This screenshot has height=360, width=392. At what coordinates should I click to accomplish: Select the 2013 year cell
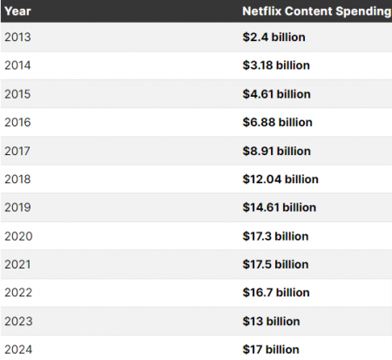click(17, 37)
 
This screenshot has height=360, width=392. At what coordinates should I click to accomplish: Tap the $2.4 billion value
click(273, 37)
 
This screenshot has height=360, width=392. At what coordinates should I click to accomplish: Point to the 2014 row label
click(17, 66)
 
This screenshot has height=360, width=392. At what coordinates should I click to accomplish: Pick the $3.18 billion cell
click(276, 66)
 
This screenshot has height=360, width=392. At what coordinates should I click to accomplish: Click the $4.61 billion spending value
click(276, 94)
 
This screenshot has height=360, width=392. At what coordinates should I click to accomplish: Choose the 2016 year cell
click(17, 123)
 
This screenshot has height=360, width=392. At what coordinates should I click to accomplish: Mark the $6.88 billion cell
click(276, 123)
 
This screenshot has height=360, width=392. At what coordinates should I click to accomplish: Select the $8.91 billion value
click(276, 151)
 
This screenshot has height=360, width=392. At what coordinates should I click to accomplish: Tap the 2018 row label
click(17, 180)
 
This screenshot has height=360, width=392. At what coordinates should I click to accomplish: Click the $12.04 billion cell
click(280, 180)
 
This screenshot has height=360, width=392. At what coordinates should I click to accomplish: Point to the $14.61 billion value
click(280, 207)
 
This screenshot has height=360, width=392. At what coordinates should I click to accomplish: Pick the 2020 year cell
click(17, 236)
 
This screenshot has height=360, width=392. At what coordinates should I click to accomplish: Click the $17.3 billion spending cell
click(276, 236)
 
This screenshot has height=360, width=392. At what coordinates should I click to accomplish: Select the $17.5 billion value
click(276, 264)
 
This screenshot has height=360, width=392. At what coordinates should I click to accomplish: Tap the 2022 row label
click(17, 293)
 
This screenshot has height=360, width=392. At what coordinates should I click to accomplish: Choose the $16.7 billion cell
click(276, 293)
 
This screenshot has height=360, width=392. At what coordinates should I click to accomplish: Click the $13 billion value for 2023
click(271, 321)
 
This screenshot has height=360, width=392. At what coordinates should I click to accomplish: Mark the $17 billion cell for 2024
click(271, 350)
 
